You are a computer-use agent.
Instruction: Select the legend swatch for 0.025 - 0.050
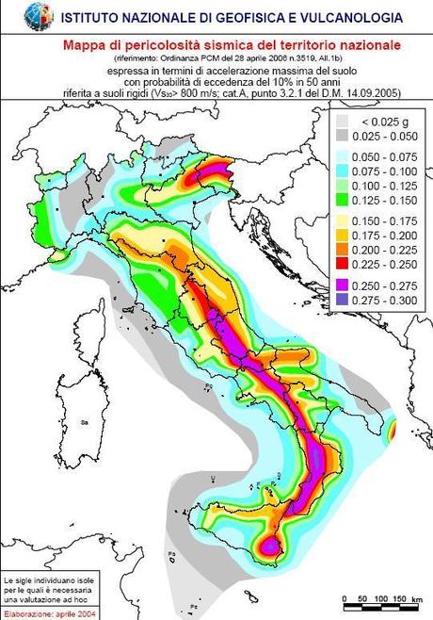click(x=346, y=136)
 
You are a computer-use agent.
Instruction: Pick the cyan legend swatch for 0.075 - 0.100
click(x=346, y=171)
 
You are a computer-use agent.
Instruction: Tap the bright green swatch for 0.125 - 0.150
click(x=346, y=200)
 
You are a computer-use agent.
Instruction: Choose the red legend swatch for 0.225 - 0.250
click(x=346, y=265)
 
